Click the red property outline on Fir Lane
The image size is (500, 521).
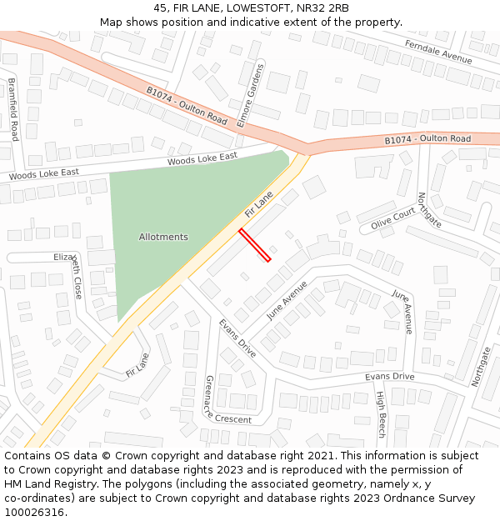pos(255,245)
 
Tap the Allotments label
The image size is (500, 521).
pos(163,237)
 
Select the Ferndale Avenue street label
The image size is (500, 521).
pos(437,52)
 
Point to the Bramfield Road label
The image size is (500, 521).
pos(13,109)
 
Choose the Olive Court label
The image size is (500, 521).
pos(392,219)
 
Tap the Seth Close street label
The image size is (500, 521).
pos(77,277)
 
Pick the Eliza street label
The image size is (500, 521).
pos(63,257)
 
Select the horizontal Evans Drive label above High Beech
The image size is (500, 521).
pos(389,377)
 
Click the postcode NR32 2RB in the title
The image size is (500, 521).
pos(321,8)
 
